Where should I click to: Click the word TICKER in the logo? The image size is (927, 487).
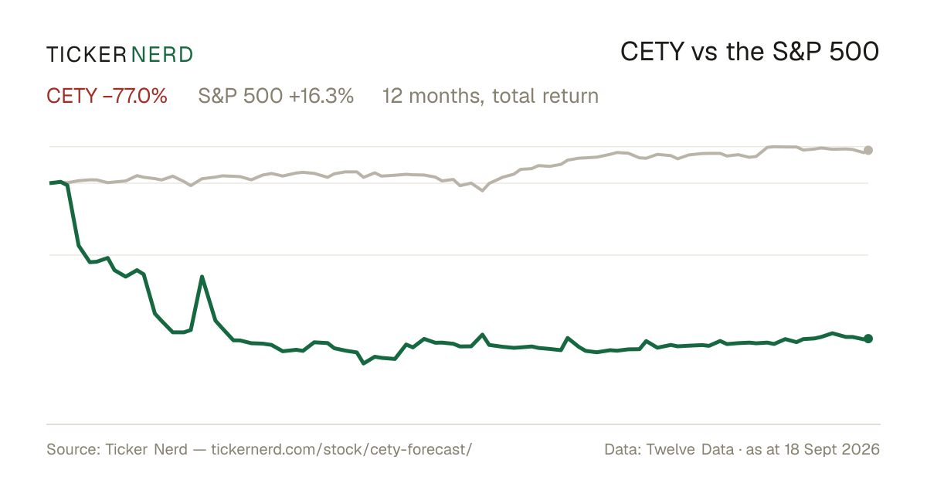[87, 55]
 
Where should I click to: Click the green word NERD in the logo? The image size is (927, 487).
[162, 55]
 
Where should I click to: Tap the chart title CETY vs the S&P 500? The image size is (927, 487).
[750, 52]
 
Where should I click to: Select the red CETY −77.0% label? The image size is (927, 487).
[107, 96]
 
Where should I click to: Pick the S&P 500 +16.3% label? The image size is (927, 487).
[276, 96]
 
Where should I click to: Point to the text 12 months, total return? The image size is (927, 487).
[491, 96]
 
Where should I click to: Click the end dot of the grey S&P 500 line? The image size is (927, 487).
[868, 150]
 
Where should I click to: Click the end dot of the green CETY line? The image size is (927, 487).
[868, 339]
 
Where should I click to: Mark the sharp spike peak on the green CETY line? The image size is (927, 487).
[202, 277]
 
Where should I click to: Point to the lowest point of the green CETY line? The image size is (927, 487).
[364, 363]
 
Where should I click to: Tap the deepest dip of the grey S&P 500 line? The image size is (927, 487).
[482, 190]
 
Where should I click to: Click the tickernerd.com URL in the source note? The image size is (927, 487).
[341, 450]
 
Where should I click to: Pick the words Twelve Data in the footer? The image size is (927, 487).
[690, 450]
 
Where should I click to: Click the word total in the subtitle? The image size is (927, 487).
[513, 96]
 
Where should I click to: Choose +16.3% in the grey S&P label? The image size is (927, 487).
[321, 96]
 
